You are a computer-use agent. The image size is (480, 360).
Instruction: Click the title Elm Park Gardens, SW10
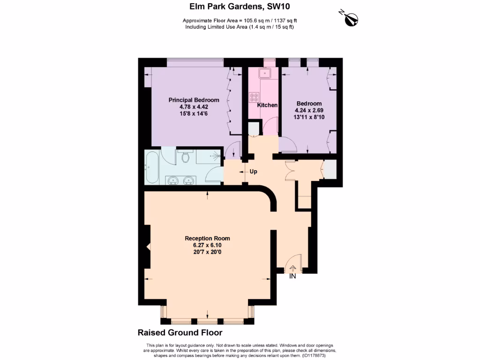240,7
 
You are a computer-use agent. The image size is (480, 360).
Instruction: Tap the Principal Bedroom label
194,100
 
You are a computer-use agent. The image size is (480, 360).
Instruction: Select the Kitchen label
267,105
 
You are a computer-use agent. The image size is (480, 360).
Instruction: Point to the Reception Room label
207,238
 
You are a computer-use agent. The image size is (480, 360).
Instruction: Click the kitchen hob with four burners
255,97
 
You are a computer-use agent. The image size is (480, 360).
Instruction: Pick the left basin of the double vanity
172,180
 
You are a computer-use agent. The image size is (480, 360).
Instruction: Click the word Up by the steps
254,172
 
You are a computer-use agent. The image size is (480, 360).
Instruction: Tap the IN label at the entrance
292,277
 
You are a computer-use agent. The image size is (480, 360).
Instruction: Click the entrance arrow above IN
293,269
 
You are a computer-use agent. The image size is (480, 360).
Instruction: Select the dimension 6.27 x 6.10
207,245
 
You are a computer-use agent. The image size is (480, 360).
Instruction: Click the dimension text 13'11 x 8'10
309,117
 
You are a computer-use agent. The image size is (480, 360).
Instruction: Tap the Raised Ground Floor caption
180,333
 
